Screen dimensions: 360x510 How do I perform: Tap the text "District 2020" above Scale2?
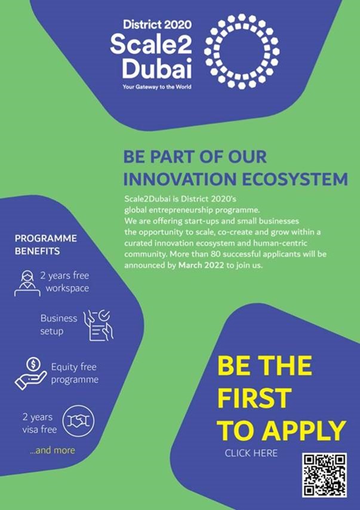click(x=157, y=24)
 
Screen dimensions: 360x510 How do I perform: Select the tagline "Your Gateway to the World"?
click(x=157, y=87)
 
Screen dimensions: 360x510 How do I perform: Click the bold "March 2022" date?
click(x=201, y=265)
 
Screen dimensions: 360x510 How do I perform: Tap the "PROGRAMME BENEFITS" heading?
click(x=46, y=245)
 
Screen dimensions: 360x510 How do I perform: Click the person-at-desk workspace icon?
click(x=27, y=283)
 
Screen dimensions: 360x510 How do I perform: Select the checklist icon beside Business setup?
click(x=99, y=325)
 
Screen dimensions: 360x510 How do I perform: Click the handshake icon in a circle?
click(x=78, y=422)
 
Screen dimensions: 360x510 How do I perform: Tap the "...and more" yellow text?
click(x=53, y=450)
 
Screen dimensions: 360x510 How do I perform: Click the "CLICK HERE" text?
click(x=251, y=453)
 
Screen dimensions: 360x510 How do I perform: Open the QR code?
click(x=324, y=475)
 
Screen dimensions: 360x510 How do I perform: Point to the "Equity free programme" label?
click(x=75, y=373)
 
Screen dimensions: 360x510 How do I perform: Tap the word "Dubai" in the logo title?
click(x=157, y=68)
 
